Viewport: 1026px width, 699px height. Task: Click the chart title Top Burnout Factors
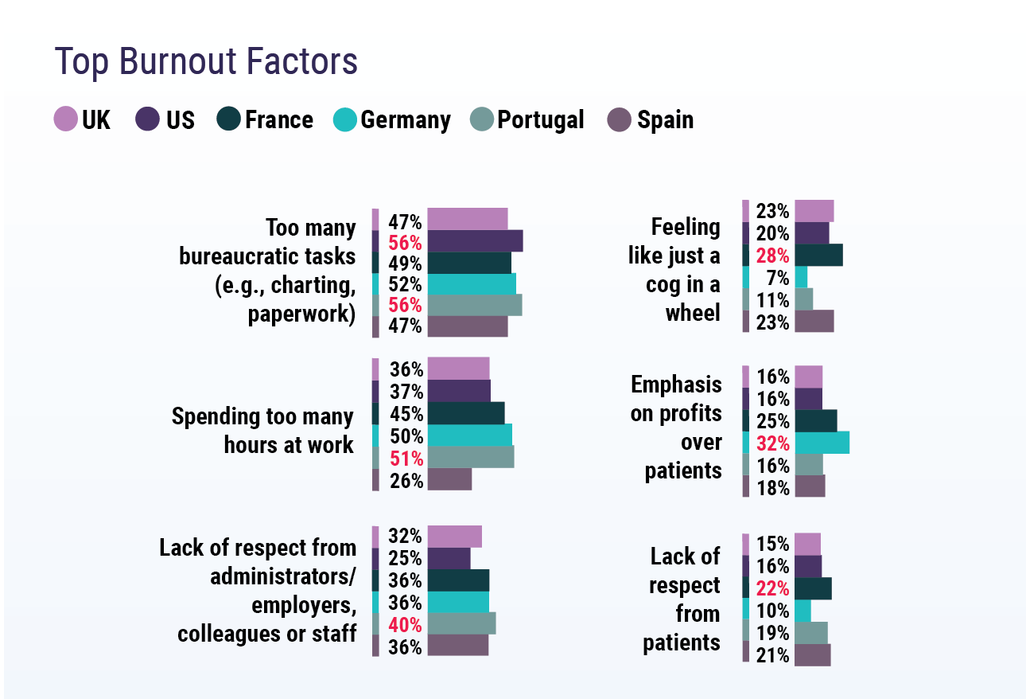point(206,62)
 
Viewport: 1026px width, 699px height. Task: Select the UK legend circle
point(65,119)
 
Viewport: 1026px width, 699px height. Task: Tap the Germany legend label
point(405,120)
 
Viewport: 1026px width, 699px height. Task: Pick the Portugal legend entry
point(540,120)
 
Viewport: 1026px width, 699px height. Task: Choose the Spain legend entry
point(665,120)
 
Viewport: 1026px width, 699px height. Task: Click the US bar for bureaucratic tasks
point(475,240)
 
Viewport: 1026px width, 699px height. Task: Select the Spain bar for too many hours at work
point(449,479)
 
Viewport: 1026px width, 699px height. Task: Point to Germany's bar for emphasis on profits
point(822,443)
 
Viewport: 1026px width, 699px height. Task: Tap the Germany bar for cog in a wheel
point(801,277)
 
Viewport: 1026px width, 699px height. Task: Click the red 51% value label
point(405,458)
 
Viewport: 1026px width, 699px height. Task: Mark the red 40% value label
point(405,625)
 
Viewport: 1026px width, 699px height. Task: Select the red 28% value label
point(772,256)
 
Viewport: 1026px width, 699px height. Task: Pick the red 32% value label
point(772,443)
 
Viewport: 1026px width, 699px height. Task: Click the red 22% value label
point(772,588)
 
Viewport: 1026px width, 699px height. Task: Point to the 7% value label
point(777,278)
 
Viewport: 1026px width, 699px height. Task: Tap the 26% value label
point(405,480)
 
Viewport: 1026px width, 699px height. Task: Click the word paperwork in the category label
point(300,314)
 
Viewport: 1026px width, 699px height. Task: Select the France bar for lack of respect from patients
point(813,588)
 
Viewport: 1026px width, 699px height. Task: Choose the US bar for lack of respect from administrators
point(449,559)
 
